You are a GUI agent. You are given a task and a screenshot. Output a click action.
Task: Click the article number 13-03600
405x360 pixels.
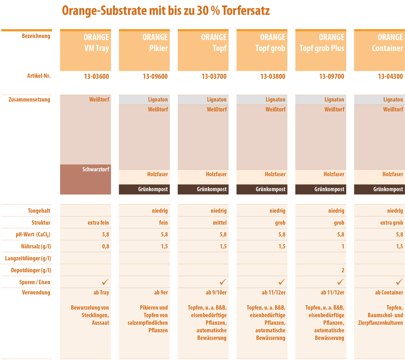[96, 77]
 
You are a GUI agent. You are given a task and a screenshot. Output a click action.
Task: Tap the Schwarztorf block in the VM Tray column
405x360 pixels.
[86, 179]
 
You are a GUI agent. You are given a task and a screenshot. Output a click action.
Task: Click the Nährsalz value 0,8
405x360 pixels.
[105, 247]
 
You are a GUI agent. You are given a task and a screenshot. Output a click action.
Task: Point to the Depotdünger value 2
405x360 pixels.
[343, 270]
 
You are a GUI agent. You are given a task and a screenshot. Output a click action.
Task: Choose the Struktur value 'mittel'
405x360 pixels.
[220, 223]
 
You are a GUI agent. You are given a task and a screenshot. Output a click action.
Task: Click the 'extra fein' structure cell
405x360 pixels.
[98, 223]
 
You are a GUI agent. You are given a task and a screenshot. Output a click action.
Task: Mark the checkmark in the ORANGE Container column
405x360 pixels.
[399, 282]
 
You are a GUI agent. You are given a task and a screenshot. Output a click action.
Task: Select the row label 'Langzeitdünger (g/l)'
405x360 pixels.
[28, 258]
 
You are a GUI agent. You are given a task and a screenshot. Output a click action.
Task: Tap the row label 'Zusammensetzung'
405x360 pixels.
[29, 100]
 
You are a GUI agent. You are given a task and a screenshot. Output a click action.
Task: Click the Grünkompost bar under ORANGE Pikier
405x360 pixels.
[144, 189]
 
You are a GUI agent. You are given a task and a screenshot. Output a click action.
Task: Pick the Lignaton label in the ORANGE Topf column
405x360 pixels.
[216, 100]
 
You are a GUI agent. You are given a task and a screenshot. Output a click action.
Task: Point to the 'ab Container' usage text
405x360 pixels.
[389, 293]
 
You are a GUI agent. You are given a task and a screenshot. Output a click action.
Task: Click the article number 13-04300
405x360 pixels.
[390, 77]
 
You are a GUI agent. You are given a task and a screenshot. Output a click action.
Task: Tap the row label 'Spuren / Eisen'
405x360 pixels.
[35, 282]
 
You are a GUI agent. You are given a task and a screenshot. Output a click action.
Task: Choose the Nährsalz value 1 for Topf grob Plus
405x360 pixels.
[343, 247]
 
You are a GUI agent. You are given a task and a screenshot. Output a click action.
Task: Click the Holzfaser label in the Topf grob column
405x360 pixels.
[275, 174]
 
